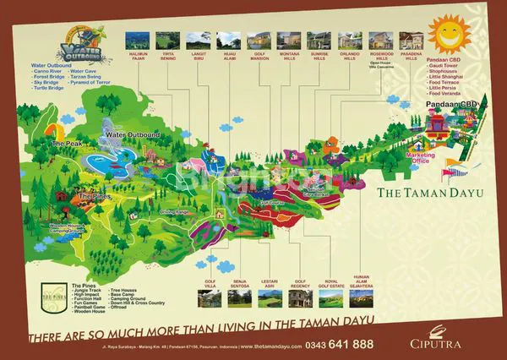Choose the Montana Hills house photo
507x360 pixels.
coord(288,39)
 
